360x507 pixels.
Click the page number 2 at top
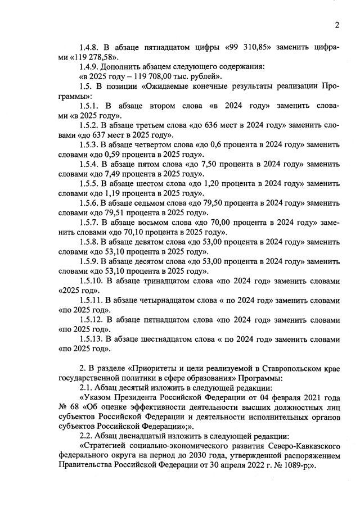click(x=336, y=25)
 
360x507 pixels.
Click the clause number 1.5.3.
click(x=90, y=144)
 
